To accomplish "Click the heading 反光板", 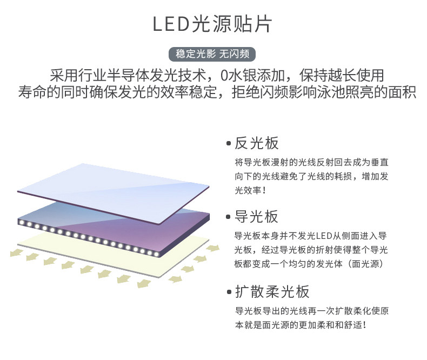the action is (257, 143).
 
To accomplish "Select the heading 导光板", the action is (257, 217).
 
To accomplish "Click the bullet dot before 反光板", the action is (229, 144).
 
